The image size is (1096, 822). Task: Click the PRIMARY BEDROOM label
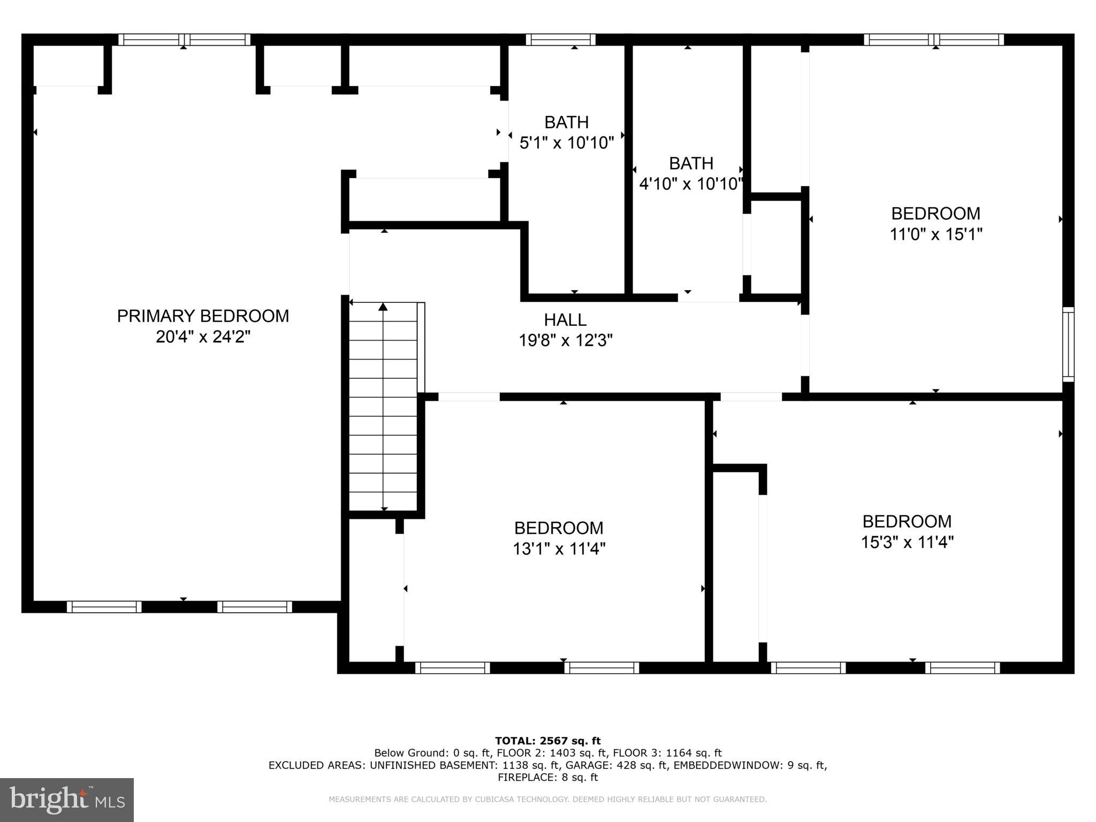203,316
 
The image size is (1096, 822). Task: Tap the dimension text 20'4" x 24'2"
203,337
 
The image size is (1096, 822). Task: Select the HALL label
565,320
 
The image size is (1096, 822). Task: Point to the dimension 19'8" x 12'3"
565,340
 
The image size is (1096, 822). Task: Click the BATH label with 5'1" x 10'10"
566,123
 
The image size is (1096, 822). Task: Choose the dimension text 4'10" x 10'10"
691,184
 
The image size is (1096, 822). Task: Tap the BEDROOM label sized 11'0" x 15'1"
935,214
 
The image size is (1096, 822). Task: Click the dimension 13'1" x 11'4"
559,549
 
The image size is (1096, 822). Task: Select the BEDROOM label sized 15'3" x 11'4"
907,521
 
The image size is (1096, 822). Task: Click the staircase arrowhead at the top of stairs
383,307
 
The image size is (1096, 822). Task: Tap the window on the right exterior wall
1068,344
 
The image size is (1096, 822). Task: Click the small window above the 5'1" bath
560,40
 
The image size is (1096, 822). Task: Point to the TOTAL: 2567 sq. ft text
547,741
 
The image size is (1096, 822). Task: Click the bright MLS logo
67,800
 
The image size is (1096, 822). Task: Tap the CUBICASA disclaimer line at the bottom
547,800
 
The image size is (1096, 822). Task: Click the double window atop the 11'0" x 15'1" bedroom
933,40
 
